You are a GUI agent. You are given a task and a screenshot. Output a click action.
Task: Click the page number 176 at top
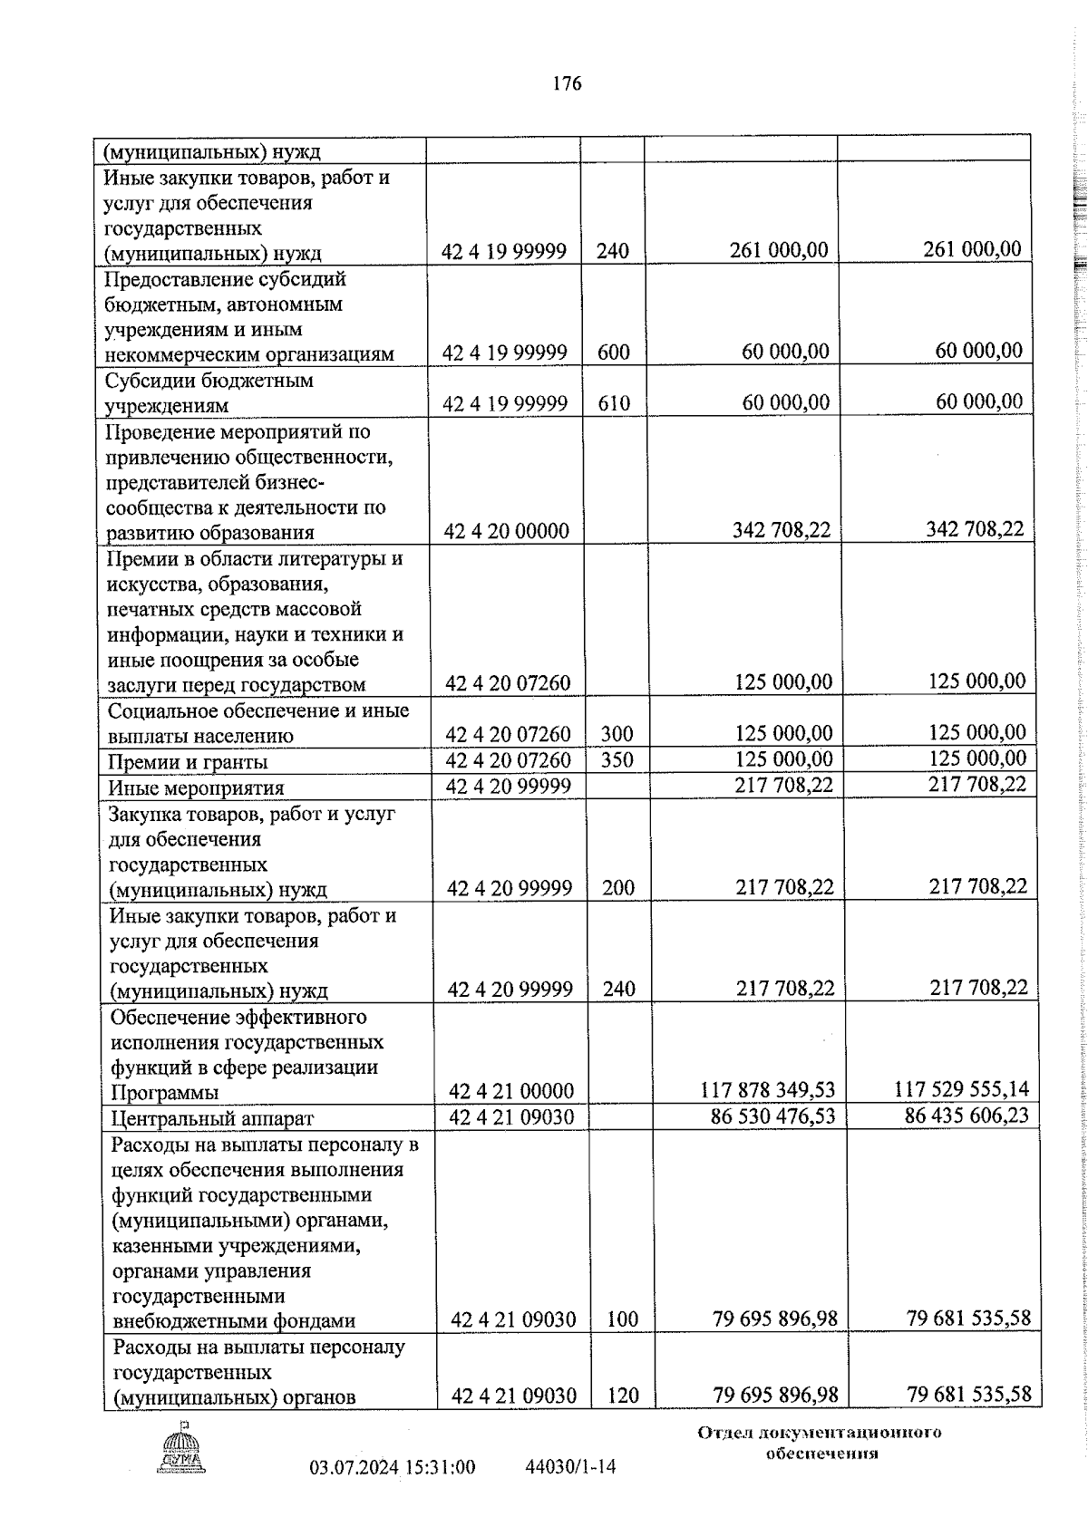click(567, 84)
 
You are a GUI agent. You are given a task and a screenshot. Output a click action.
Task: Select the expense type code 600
click(614, 353)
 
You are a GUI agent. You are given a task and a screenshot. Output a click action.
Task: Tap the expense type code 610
click(614, 403)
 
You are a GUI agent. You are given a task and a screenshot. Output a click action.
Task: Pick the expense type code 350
click(617, 759)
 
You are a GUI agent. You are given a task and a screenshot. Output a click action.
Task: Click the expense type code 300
click(617, 734)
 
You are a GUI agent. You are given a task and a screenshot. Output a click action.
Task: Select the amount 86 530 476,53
click(773, 1116)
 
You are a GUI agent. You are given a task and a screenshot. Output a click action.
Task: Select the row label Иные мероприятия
click(196, 787)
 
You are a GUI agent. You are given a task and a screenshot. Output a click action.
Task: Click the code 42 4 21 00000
click(511, 1092)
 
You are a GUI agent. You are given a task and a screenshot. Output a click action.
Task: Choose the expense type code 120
click(623, 1396)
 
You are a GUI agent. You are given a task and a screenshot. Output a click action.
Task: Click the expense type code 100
click(623, 1319)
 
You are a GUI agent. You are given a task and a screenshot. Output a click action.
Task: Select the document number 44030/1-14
click(570, 1466)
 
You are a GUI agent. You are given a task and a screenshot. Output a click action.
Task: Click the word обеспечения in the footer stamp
click(821, 1454)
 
